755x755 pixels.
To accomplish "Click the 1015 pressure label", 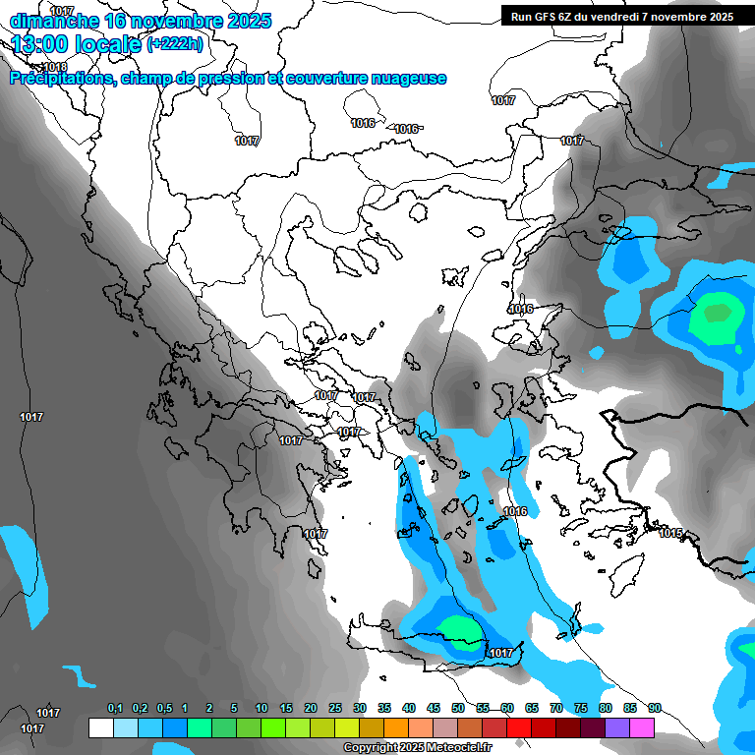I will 670,533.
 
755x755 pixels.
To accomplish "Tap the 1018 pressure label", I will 56,67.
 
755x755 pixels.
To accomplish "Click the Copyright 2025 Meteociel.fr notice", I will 418,747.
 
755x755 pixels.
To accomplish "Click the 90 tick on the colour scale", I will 654,708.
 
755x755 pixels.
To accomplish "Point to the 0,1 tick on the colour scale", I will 115,708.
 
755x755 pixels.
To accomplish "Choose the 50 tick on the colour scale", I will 458,708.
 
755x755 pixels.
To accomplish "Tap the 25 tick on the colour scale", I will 335,708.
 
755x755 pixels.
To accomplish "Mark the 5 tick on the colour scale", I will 234,708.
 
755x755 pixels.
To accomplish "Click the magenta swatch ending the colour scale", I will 642,727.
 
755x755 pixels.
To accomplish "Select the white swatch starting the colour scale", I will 100,727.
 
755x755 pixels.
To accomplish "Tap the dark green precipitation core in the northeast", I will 717,314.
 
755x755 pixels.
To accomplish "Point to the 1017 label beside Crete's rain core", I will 501,653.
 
